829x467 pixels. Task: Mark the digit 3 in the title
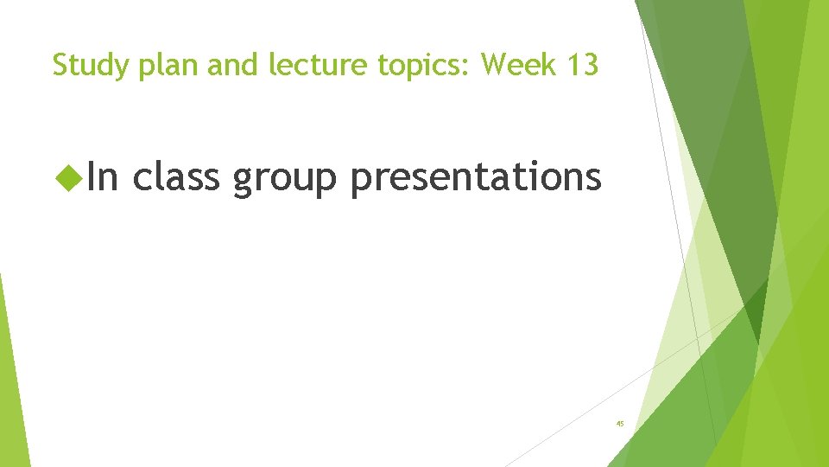point(590,65)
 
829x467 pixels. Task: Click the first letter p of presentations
point(361,180)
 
